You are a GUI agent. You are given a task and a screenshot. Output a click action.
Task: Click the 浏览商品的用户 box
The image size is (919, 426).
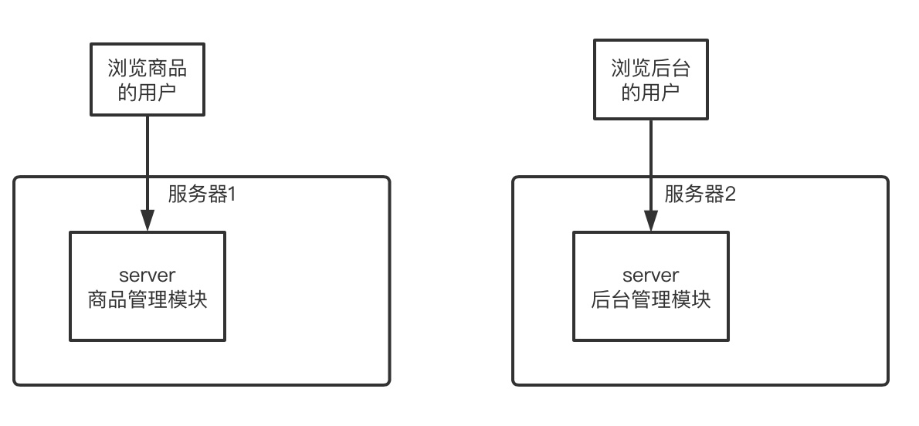pos(148,79)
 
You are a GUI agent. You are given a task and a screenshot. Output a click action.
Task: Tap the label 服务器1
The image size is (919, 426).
pos(201,194)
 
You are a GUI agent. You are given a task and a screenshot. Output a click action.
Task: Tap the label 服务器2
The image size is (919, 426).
pos(700,194)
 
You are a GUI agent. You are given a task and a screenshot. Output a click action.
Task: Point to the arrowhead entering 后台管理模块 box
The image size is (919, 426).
pos(650,221)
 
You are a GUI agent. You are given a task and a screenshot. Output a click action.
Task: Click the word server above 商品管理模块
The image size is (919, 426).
pos(148,276)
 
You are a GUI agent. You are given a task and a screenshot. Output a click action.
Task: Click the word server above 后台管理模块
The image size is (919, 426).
pos(650,276)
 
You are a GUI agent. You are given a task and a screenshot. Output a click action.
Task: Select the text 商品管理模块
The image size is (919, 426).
pos(148,299)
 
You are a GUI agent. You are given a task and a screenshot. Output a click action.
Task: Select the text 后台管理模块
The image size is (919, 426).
pos(650,299)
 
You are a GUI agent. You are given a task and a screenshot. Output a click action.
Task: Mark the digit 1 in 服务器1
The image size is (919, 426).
pos(229,194)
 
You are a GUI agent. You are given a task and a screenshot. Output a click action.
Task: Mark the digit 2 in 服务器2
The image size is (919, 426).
pos(731,194)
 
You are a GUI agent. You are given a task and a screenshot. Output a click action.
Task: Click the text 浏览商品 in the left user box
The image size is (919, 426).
pos(148,68)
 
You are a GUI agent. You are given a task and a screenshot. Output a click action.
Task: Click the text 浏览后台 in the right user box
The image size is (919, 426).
pos(650,68)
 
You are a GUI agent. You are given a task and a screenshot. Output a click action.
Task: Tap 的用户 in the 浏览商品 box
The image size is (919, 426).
pos(148,93)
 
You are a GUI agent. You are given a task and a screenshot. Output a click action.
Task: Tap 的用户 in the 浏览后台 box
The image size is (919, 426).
pos(650,93)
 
